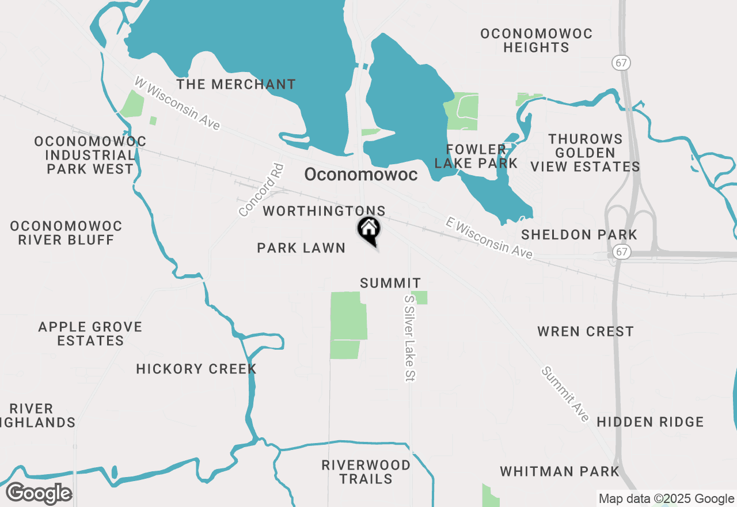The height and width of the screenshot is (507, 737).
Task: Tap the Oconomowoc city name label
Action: tap(360, 175)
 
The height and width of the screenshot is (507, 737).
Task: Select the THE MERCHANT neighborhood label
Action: tap(236, 85)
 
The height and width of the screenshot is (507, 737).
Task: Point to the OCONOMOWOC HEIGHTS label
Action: tap(536, 40)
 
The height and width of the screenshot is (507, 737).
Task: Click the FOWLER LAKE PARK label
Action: tap(476, 157)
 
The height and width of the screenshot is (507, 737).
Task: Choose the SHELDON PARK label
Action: tap(579, 234)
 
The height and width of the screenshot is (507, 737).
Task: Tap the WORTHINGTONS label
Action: tap(324, 211)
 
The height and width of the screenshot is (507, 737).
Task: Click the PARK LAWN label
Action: tap(301, 248)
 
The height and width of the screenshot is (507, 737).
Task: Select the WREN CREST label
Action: tap(585, 331)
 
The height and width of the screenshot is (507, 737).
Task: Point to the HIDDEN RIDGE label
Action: tap(650, 422)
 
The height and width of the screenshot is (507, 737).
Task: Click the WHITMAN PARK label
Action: tap(559, 471)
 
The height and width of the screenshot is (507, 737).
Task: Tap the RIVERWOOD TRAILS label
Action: tap(366, 472)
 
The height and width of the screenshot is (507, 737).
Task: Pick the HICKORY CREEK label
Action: tap(196, 369)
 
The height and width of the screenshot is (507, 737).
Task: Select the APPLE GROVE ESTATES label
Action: tap(90, 334)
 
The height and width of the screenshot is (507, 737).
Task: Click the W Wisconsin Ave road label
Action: tap(177, 103)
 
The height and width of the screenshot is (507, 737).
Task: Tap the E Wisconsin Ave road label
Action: tap(489, 237)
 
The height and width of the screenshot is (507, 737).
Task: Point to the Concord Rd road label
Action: tap(262, 190)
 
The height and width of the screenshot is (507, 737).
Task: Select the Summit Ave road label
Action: tap(566, 394)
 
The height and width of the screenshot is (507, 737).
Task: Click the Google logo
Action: tap(39, 493)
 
